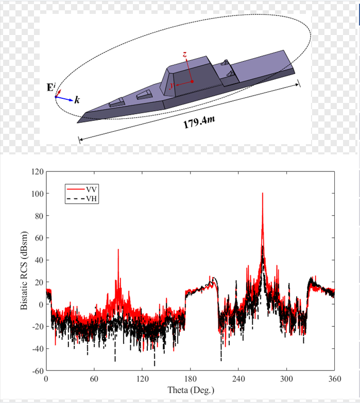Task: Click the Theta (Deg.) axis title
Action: [190, 390]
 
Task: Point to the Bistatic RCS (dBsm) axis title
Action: [24, 270]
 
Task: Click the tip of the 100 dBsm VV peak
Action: [263, 194]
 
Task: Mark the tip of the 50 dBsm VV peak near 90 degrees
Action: [118, 249]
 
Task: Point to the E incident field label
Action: [50, 88]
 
